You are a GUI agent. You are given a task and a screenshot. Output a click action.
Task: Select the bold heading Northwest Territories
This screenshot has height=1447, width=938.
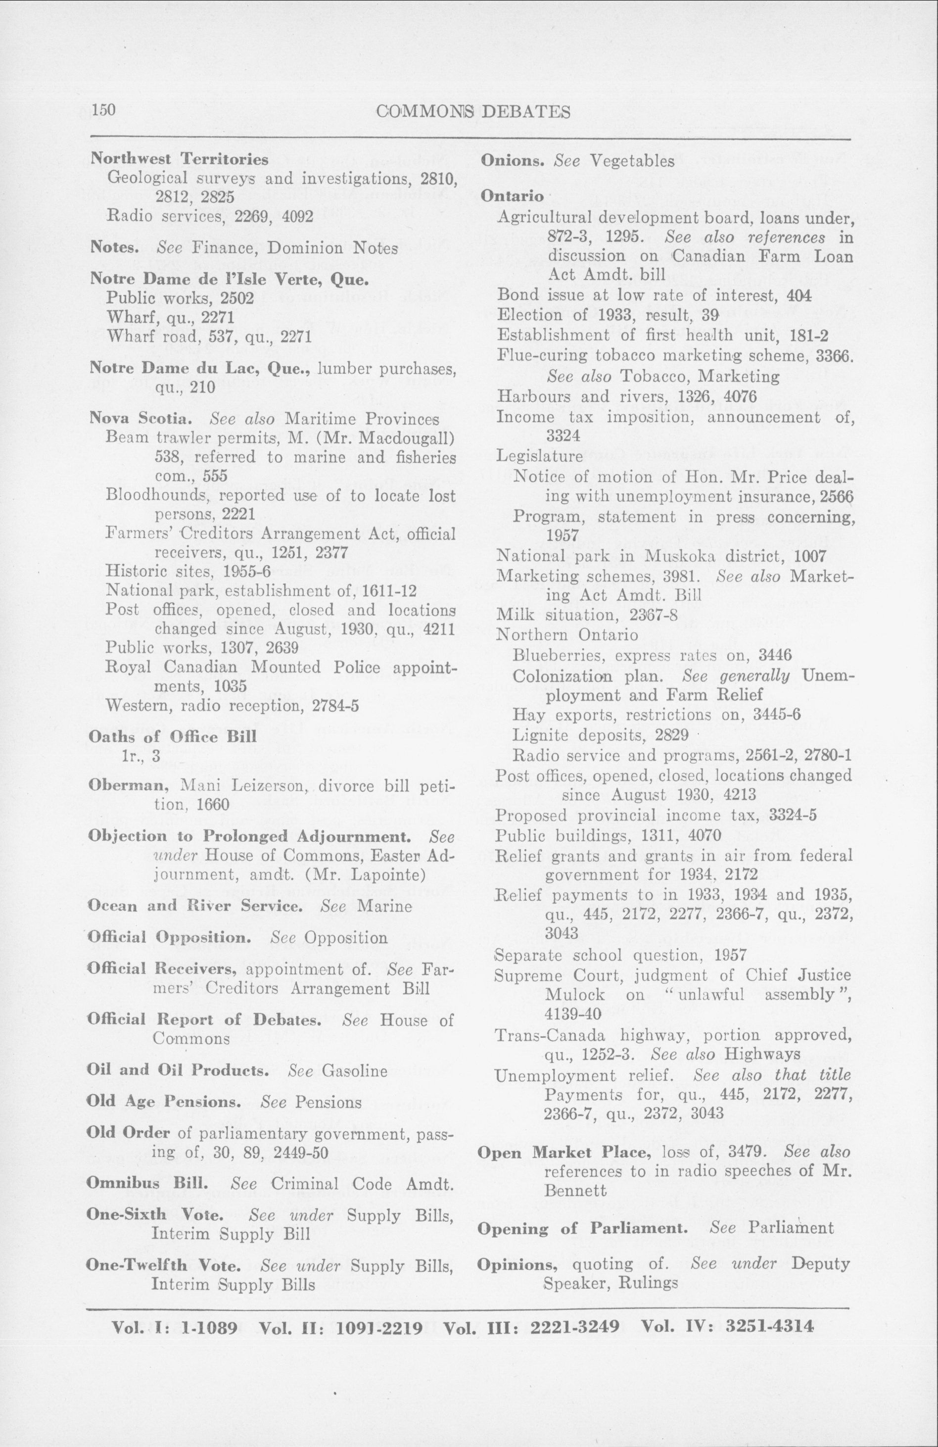coord(179,159)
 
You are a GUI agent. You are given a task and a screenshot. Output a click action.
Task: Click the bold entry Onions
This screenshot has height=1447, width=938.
coord(515,161)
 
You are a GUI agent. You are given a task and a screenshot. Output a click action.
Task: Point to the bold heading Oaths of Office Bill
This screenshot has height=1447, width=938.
coord(172,737)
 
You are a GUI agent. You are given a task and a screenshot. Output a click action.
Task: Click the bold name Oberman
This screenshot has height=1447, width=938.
coord(124,785)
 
